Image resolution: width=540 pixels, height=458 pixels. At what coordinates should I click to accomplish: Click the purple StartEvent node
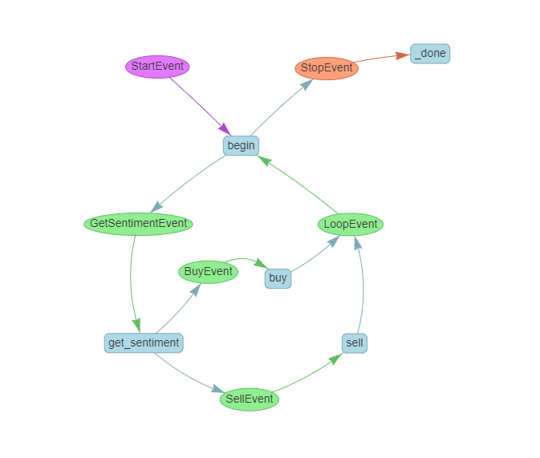[x=157, y=67]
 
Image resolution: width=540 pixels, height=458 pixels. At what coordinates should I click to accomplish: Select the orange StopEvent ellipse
[x=327, y=68]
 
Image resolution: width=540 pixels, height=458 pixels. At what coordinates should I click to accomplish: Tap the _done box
[x=430, y=54]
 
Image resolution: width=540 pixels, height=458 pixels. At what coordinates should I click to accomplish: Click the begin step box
[x=241, y=145]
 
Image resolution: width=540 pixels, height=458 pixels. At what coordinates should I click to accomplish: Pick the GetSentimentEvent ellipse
[x=139, y=224]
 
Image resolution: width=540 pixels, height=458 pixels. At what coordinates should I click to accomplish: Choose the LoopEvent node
[x=351, y=225]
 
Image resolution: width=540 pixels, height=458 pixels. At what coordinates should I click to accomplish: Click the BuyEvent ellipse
[x=208, y=272]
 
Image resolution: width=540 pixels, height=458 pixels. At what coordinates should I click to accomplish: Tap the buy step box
[x=278, y=278]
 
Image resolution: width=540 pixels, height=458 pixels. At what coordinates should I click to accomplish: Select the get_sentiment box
[x=144, y=342]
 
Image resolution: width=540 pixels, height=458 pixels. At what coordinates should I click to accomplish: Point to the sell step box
[x=355, y=343]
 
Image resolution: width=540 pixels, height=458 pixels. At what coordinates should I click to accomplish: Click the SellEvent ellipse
[x=250, y=399]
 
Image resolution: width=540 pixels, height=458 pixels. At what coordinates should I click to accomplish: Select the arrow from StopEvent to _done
[x=382, y=58]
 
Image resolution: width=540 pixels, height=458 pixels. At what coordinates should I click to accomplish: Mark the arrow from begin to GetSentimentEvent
[x=189, y=183]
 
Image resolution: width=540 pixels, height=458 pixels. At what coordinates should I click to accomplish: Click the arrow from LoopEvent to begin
[x=301, y=184]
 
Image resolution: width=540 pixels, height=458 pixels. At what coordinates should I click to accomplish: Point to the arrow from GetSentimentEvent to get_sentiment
[x=131, y=281]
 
